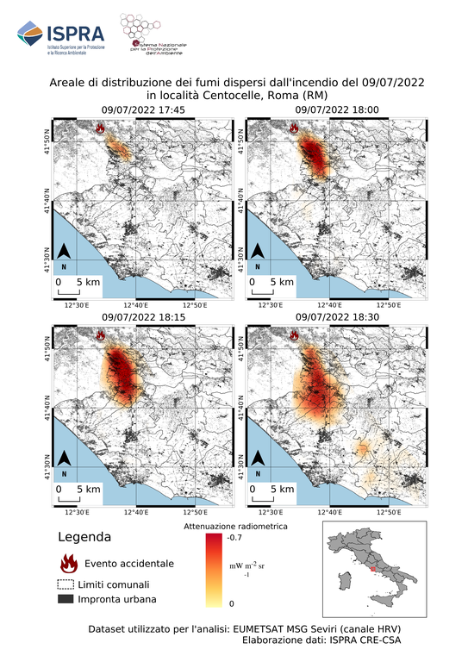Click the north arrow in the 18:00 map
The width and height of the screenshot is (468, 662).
pyautogui.click(x=258, y=255)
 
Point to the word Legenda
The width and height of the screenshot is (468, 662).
pyautogui.click(x=84, y=537)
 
